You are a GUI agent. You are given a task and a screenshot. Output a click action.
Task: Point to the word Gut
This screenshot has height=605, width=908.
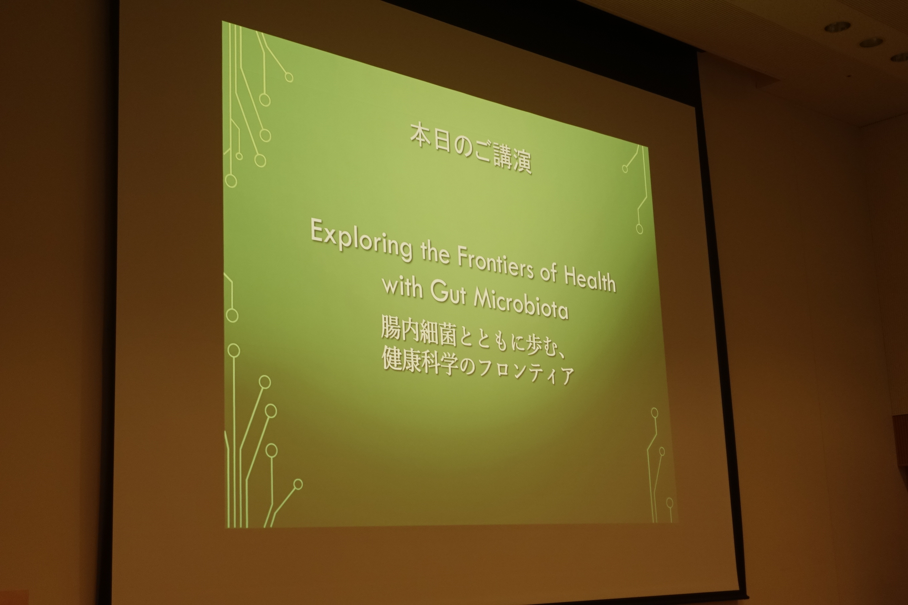(448, 294)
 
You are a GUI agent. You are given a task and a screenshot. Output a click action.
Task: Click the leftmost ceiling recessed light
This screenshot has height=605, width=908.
(837, 27)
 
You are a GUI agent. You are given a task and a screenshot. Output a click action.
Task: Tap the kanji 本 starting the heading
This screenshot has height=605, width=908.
(421, 135)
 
